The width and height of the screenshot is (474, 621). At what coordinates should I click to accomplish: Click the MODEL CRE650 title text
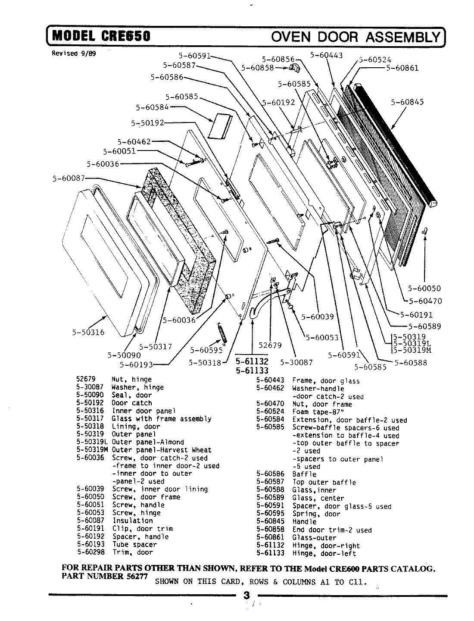coord(101,35)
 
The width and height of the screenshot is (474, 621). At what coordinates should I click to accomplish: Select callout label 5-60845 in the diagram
coord(407,102)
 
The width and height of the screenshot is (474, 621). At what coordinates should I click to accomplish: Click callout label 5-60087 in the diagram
coord(69,178)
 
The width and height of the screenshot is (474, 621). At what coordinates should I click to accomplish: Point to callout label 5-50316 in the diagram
coord(88,332)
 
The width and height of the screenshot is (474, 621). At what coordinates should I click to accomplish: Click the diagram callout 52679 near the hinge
coord(270,345)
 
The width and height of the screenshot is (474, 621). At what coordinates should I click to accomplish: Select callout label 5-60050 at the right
coord(424,289)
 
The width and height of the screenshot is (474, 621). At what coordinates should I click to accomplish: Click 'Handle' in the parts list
coord(304,522)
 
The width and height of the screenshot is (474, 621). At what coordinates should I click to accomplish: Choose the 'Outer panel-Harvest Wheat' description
coord(162,450)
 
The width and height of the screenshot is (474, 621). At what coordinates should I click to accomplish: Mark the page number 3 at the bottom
coord(246,596)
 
